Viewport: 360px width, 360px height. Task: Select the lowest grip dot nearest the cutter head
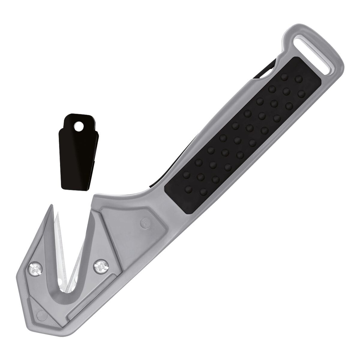tap(189, 189)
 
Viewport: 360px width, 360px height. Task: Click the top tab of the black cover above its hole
tap(79, 119)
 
